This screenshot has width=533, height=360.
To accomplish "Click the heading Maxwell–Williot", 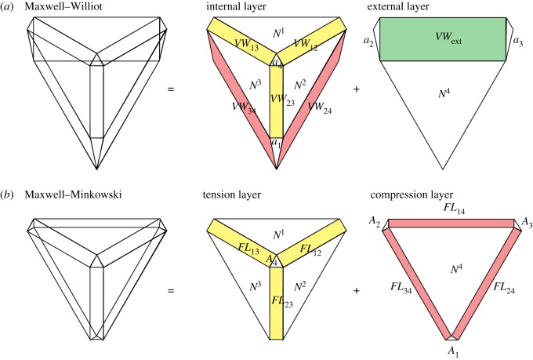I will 59,8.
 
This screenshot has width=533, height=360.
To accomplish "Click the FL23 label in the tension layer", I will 276,300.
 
